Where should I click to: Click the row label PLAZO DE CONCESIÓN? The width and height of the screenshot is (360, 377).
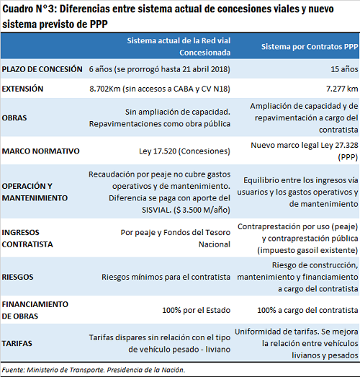[42, 69]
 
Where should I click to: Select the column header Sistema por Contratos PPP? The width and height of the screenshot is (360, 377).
[310, 47]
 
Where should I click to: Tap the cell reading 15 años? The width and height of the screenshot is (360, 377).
[344, 69]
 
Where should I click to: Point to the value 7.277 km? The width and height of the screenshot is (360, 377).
[342, 89]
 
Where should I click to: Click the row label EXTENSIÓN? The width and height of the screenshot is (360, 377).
[22, 89]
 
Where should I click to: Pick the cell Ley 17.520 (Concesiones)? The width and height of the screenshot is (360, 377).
[184, 151]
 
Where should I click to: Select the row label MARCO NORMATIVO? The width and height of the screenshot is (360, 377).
[40, 151]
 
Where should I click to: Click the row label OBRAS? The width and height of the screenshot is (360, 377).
[14, 118]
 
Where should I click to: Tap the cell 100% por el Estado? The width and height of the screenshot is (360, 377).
[197, 310]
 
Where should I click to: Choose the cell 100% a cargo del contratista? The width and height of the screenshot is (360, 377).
[307, 310]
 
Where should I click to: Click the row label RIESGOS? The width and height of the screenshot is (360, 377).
[17, 277]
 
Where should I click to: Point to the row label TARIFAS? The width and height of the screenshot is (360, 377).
[17, 343]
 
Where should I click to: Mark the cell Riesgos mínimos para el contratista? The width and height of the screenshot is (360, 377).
[166, 277]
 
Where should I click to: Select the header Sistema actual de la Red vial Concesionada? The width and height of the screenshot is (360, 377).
[179, 47]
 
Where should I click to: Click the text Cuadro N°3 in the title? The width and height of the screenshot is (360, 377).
[29, 9]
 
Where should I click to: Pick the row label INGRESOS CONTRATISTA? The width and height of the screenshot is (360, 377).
[27, 239]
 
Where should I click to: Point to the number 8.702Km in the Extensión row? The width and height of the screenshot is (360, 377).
[105, 89]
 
